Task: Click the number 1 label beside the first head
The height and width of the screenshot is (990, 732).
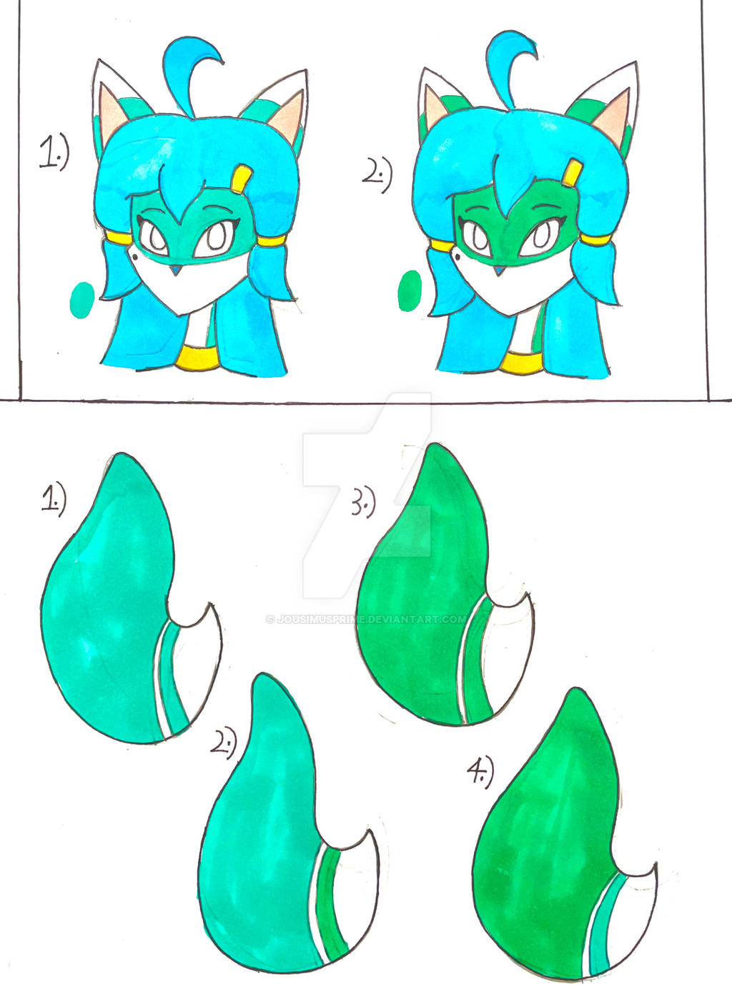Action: click(53, 153)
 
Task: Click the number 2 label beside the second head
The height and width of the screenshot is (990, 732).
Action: click(377, 175)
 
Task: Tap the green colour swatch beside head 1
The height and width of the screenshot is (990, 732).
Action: click(83, 299)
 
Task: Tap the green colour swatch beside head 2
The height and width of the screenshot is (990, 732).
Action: click(410, 291)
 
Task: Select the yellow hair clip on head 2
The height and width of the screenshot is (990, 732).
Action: click(573, 173)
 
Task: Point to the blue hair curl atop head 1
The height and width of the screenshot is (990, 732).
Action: click(189, 68)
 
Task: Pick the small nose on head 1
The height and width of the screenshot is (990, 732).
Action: click(174, 270)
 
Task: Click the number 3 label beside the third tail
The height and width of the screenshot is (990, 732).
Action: click(364, 505)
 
